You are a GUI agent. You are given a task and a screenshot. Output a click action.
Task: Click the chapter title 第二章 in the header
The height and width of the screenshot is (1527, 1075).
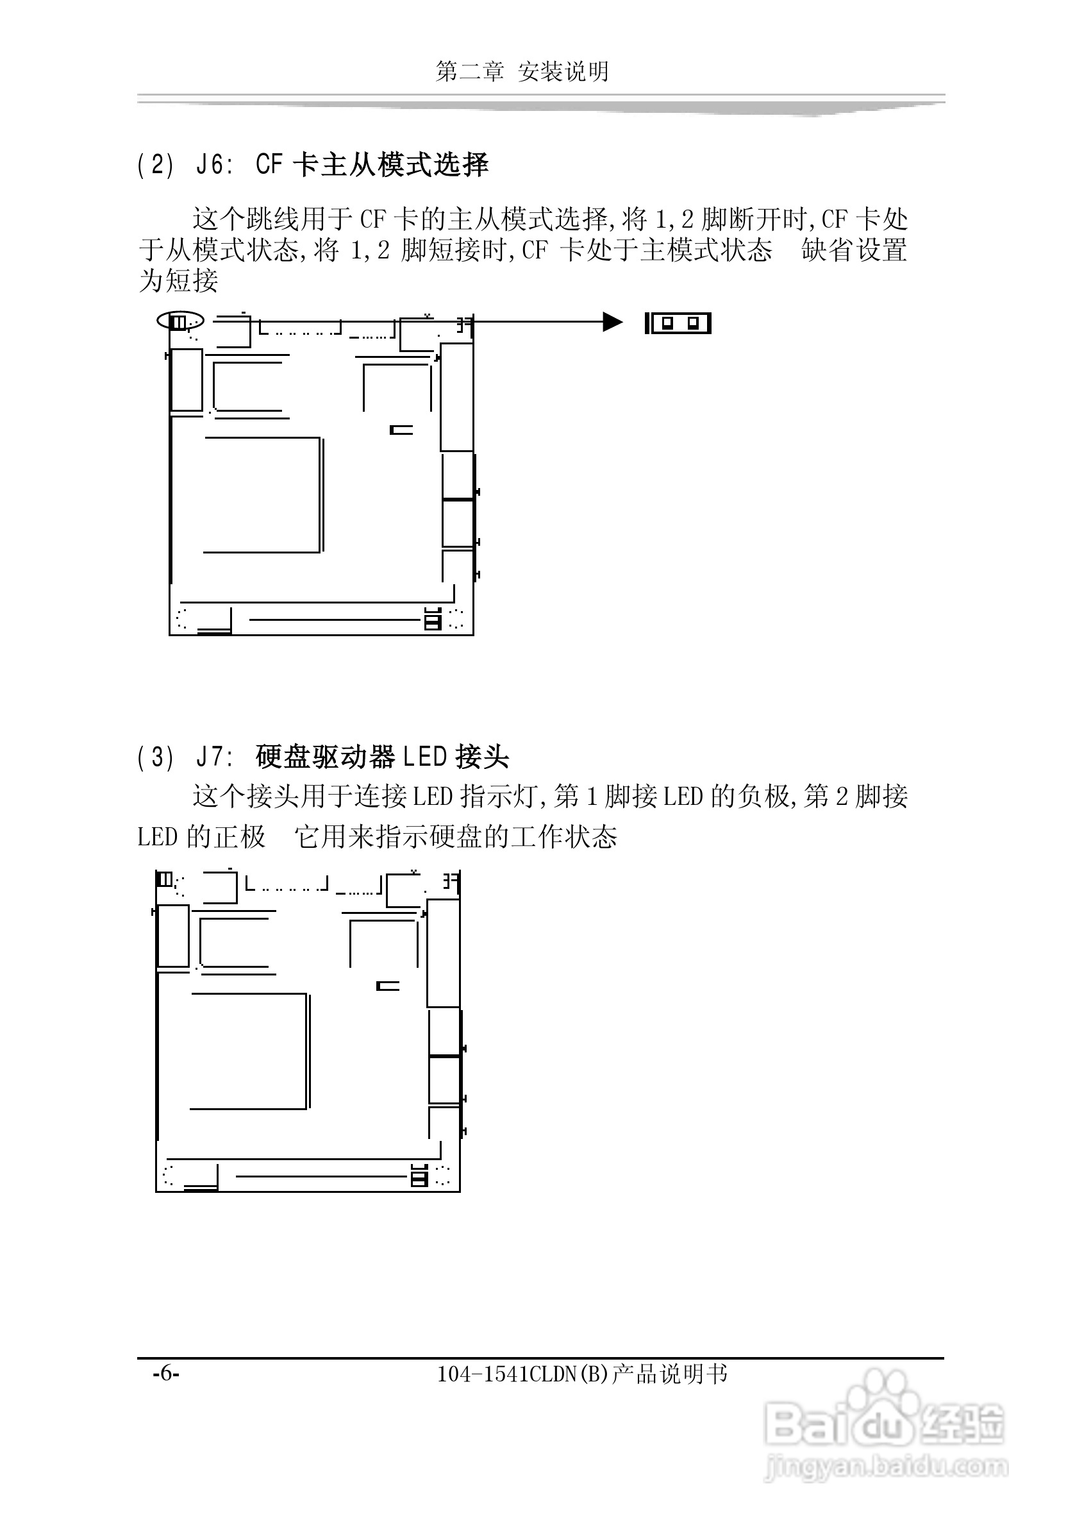pyautogui.click(x=469, y=72)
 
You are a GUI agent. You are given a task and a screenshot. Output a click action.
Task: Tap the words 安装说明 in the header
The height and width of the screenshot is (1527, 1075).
pyautogui.click(x=563, y=72)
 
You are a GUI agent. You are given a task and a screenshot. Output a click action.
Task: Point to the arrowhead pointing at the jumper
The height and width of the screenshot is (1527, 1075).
pyautogui.click(x=612, y=323)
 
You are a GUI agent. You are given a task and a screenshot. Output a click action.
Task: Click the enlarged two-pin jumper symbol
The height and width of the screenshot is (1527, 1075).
pyautogui.click(x=678, y=324)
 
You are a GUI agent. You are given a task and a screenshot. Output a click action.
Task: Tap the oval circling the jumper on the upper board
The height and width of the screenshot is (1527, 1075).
pyautogui.click(x=180, y=321)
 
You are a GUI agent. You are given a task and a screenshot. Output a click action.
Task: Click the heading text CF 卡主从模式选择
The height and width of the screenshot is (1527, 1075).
pyautogui.click(x=372, y=165)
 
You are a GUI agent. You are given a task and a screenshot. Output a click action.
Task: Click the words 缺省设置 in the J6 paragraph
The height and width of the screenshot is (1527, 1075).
pyautogui.click(x=854, y=250)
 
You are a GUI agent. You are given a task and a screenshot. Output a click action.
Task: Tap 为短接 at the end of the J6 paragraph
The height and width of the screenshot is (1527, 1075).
pyautogui.click(x=178, y=281)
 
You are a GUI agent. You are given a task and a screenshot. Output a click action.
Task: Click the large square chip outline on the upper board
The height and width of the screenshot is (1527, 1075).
pyautogui.click(x=263, y=495)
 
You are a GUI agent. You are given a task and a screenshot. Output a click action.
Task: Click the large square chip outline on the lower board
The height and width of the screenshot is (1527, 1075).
pyautogui.click(x=249, y=1050)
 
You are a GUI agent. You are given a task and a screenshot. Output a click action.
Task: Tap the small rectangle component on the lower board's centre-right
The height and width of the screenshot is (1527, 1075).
pyautogui.click(x=388, y=986)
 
